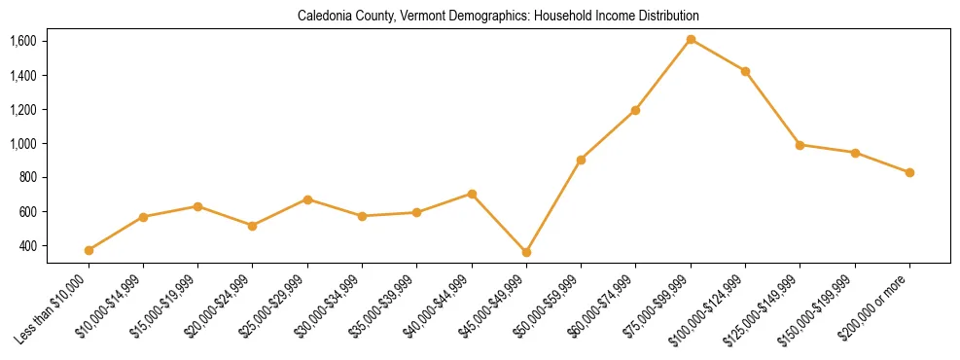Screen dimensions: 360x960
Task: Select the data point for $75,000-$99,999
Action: pyautogui.click(x=691, y=40)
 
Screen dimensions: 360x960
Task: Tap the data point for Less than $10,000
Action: pyautogui.click(x=89, y=250)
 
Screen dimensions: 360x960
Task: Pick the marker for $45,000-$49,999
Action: pyautogui.click(x=526, y=252)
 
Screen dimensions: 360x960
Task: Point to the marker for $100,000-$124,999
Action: pyautogui.click(x=745, y=71)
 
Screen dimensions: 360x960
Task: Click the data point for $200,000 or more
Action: pyautogui.click(x=909, y=172)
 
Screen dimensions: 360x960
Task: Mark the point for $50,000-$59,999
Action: pyautogui.click(x=581, y=160)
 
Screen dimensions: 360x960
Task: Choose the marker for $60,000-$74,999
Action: pyautogui.click(x=635, y=110)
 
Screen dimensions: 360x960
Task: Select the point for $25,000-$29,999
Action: pyautogui.click(x=307, y=199)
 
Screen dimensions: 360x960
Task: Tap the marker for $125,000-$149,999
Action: pyautogui.click(x=800, y=145)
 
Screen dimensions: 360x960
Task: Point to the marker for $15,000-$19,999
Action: pyautogui.click(x=197, y=206)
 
